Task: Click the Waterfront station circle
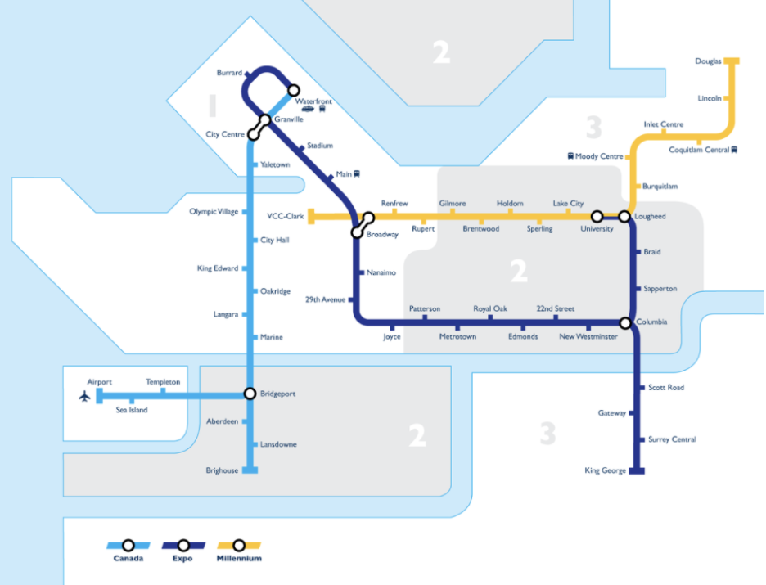(x=293, y=91)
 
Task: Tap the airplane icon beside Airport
(x=83, y=396)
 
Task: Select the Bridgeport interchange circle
(x=250, y=394)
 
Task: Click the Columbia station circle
(x=625, y=323)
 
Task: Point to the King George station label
(x=606, y=471)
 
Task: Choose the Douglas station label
(x=708, y=61)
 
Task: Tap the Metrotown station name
(x=457, y=337)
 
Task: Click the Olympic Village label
(x=214, y=211)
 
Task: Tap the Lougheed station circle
(x=624, y=217)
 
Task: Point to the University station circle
(x=597, y=217)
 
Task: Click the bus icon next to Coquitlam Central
(x=734, y=150)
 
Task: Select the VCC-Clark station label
(x=286, y=217)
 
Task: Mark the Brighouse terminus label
(x=222, y=471)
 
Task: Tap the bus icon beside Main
(x=358, y=174)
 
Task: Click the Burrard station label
(x=229, y=73)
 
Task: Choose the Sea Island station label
(x=132, y=410)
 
